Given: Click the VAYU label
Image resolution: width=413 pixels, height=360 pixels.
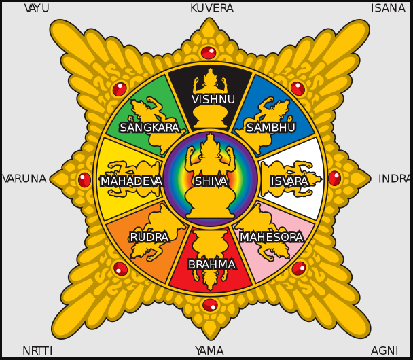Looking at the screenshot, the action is point(37,8).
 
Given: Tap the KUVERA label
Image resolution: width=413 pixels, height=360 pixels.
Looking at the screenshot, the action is point(211,8).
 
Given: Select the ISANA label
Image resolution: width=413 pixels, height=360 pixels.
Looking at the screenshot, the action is point(388,8).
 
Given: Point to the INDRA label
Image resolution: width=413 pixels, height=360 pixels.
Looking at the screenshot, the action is point(394,179).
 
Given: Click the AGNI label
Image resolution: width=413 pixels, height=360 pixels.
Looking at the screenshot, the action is point(384,350).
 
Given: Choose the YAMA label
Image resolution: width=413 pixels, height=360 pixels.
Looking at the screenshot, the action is point(209,350).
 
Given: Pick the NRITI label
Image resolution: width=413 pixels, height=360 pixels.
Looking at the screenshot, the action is point(37,350).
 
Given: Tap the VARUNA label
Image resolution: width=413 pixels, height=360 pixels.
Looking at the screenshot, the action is point(24,179).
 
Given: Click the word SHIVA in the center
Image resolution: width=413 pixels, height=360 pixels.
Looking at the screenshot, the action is point(211,181).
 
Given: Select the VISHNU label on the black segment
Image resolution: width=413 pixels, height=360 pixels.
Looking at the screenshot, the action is point(213,100).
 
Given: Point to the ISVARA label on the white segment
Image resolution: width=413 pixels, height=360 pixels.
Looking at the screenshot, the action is point(289,181).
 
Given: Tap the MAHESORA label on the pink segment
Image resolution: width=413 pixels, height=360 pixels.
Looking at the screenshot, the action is point(271,237).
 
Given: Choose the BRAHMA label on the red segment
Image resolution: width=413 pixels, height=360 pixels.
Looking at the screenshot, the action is point(212,264).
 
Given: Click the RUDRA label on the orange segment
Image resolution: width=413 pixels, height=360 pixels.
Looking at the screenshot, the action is point(149,237).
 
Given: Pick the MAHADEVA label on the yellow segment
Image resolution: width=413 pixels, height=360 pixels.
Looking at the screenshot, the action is point(132,181).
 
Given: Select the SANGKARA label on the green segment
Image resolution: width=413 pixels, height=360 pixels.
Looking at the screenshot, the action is point(149,128).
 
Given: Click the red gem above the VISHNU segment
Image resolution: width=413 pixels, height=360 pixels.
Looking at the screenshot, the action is point(209,52).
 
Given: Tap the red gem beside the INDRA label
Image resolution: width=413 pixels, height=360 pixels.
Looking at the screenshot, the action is point(334,179).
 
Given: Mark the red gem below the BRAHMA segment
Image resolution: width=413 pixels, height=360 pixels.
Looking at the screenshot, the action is point(210,305).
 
